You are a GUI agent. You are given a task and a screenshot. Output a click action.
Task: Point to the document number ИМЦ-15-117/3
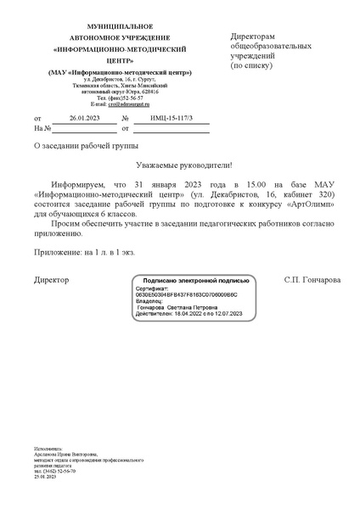click(171, 118)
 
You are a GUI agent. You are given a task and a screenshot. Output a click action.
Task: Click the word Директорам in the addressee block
click(253, 36)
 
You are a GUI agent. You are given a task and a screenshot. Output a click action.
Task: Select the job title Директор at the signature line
click(52, 279)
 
